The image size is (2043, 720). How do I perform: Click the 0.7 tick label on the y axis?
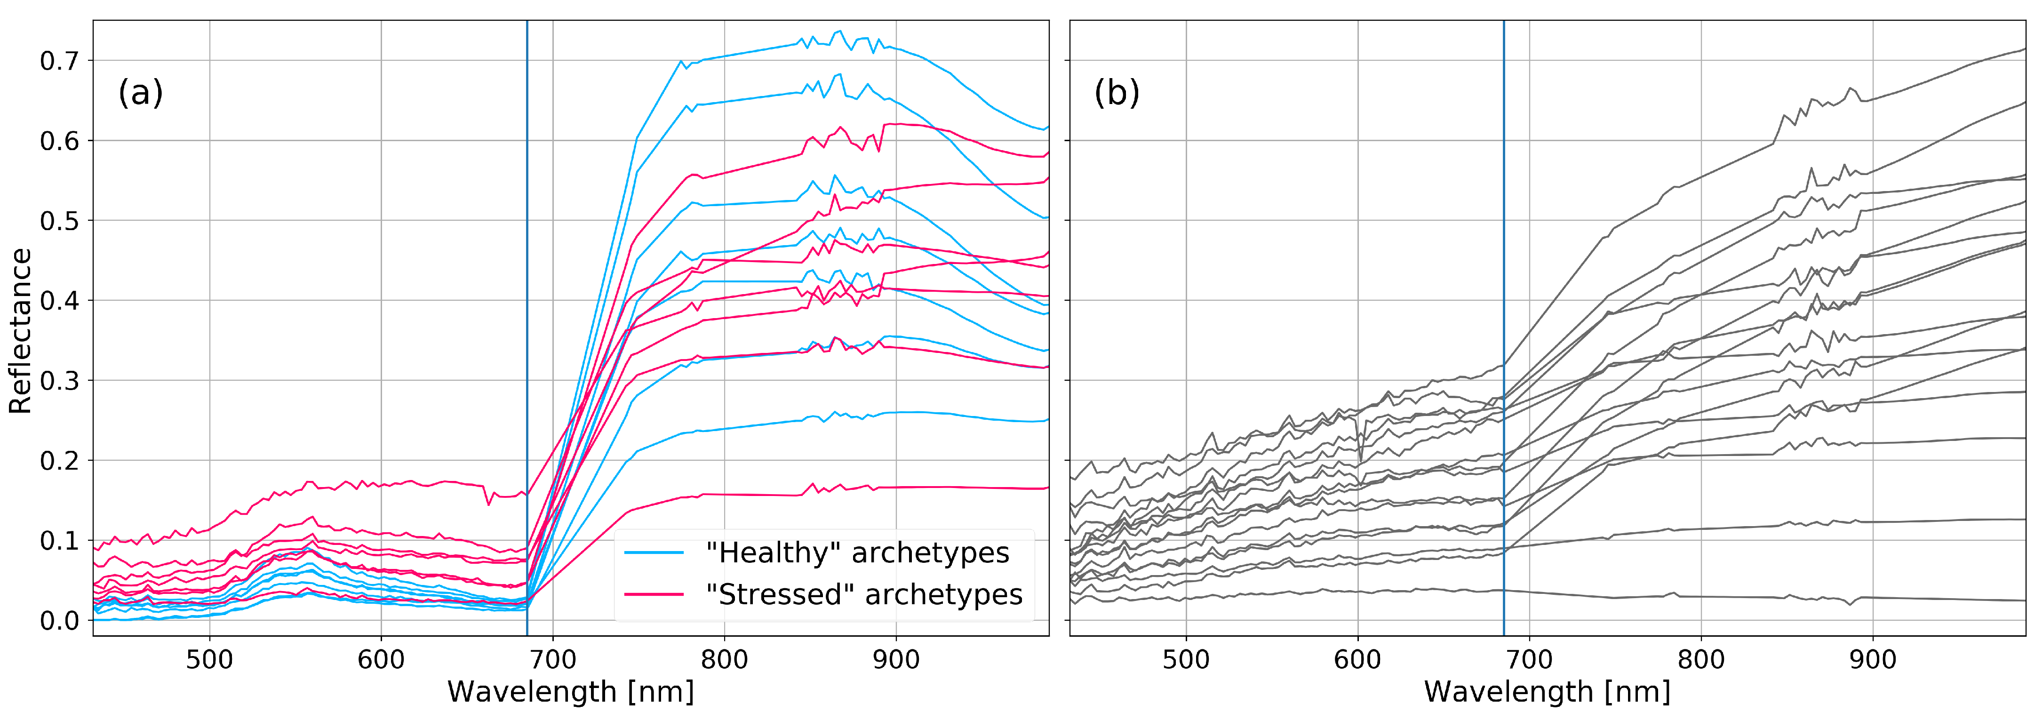pyautogui.click(x=59, y=61)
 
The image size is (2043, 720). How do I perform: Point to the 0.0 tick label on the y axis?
pyautogui.click(x=59, y=621)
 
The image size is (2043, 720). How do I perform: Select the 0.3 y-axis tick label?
pyautogui.click(x=59, y=381)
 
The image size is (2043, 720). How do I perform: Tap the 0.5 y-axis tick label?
pyautogui.click(x=59, y=221)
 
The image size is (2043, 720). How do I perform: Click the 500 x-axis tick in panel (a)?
pyautogui.click(x=209, y=659)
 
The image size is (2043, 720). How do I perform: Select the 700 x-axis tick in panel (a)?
pyautogui.click(x=553, y=659)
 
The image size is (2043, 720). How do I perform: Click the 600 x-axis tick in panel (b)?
pyautogui.click(x=1358, y=659)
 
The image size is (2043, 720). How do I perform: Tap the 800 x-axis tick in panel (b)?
pyautogui.click(x=1701, y=659)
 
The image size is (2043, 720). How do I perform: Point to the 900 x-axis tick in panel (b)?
pyautogui.click(x=1873, y=659)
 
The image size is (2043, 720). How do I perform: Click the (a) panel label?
pyautogui.click(x=140, y=93)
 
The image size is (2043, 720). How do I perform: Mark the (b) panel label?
pyautogui.click(x=1117, y=93)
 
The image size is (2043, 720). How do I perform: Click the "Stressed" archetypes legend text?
pyautogui.click(x=864, y=595)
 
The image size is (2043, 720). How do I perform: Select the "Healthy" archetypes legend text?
pyautogui.click(x=857, y=552)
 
